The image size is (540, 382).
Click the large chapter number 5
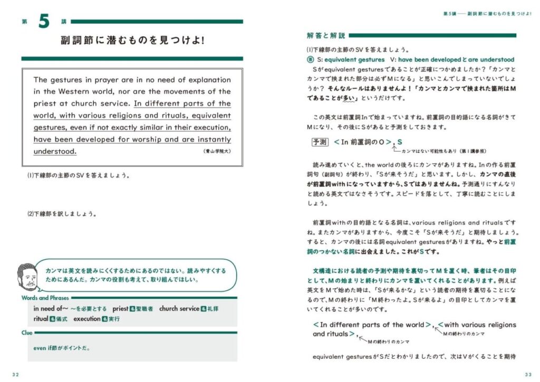43,22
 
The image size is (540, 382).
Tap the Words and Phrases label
45,298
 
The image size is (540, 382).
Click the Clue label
27,332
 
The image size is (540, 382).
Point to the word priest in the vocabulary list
120,309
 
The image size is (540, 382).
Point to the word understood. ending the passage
55,151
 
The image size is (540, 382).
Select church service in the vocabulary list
178,309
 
